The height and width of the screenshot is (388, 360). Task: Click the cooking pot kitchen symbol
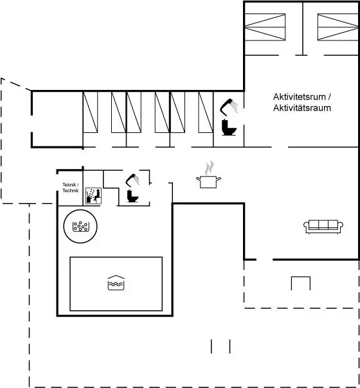click(208, 181)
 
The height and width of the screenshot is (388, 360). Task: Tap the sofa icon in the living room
click(323, 226)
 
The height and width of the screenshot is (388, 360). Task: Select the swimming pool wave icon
click(116, 283)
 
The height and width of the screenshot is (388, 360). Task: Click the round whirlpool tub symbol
click(80, 226)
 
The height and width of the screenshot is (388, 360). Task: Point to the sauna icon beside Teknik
click(93, 196)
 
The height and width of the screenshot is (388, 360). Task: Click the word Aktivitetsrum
click(300, 97)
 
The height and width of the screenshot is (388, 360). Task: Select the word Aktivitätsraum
click(301, 108)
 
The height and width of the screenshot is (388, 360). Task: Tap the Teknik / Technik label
click(71, 188)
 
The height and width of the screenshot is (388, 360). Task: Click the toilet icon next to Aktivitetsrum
click(229, 127)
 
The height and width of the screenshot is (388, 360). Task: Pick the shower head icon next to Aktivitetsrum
click(229, 107)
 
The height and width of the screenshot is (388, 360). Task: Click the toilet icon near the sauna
click(132, 196)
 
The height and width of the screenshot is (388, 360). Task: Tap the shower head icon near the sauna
click(132, 180)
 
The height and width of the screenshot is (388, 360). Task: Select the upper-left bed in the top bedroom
click(265, 27)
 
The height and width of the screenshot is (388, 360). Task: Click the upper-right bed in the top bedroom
click(338, 27)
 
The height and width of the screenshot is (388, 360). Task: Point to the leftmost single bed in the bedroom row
click(90, 112)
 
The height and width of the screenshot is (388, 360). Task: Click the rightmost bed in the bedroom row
click(206, 112)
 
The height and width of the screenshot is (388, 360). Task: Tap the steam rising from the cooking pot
click(210, 168)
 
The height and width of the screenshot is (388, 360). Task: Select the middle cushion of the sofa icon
click(323, 224)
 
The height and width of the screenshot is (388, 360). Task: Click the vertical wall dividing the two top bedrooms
click(303, 28)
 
